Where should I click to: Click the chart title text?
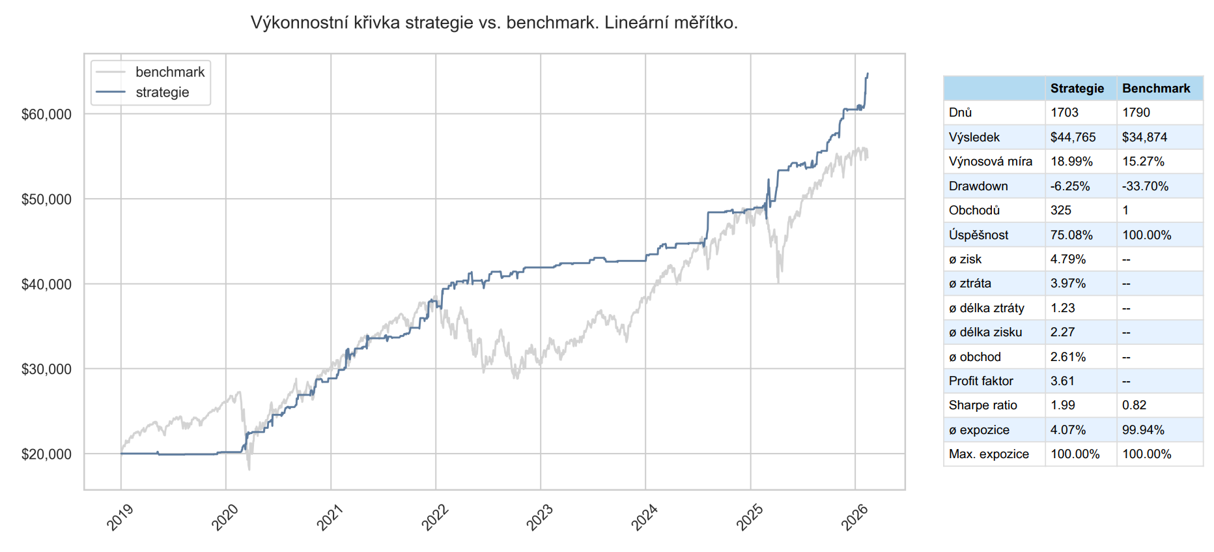494,23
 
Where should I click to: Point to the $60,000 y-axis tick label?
46,115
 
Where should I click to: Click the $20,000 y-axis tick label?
46,454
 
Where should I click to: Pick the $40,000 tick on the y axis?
46,285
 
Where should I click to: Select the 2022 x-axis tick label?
435,517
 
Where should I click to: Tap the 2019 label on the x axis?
120,517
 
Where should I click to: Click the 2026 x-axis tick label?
854,517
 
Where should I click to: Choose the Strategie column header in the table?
1077,89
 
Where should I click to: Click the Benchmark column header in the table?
1156,89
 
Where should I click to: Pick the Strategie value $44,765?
1073,138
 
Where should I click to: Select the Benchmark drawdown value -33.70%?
1145,186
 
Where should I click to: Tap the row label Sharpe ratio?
983,405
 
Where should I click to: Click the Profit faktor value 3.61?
1063,381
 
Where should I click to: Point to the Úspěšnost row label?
978,235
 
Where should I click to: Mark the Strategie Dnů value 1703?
1064,113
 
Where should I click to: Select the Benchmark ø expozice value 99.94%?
1143,430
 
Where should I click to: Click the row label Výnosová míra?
990,162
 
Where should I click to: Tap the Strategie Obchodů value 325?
1061,211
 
